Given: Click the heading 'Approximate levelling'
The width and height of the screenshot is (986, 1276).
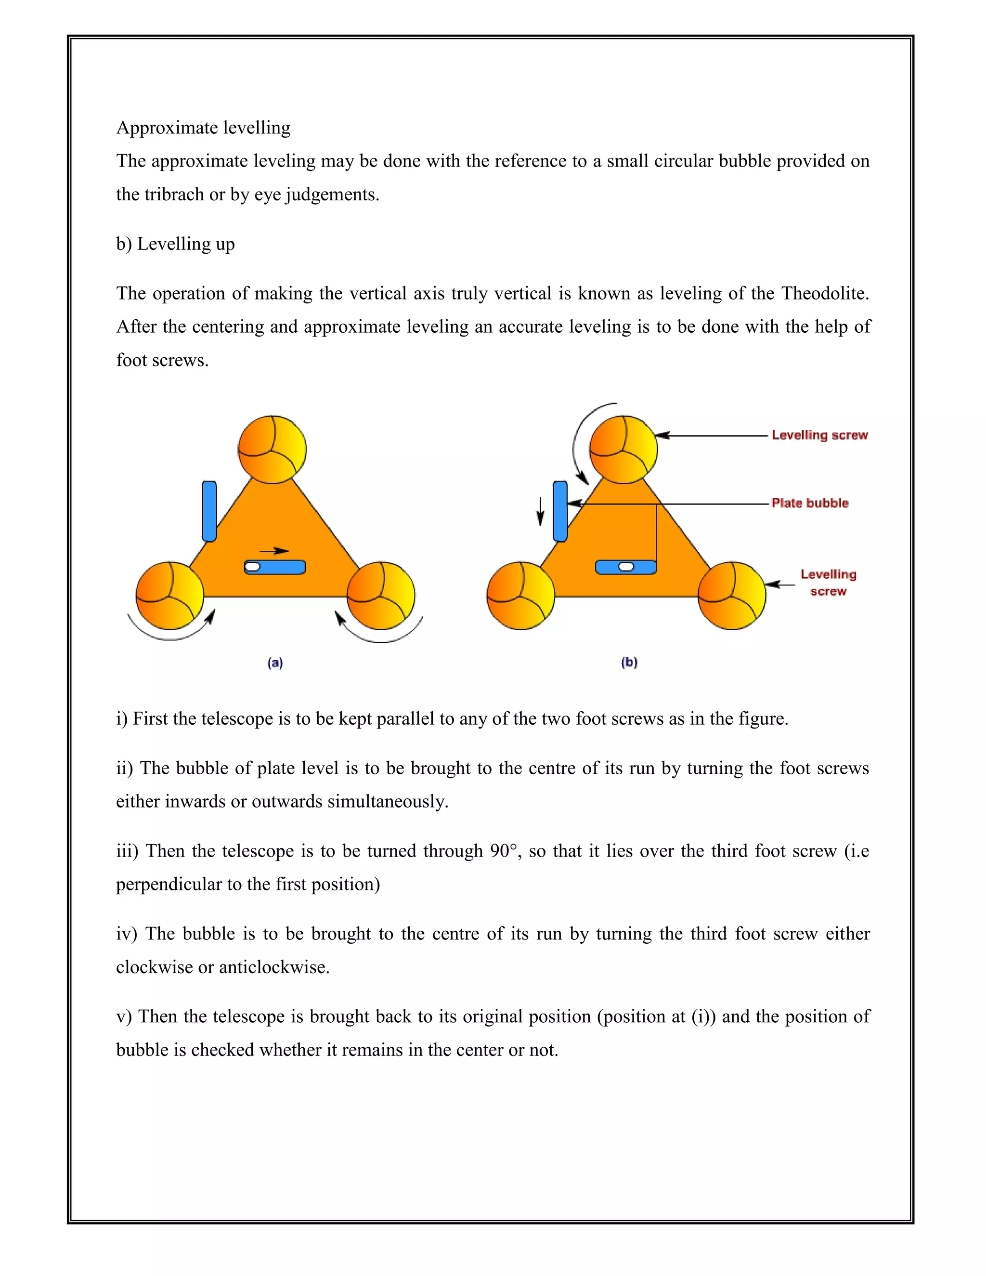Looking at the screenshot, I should coord(203,128).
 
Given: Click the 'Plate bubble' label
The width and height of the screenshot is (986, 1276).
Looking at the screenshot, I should coord(810,503).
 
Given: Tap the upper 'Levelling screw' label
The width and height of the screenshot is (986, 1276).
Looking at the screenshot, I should coord(819,435).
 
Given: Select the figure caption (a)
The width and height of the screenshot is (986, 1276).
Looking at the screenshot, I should coord(275,663).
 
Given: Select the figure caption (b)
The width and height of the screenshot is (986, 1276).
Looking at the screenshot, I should coord(629,662).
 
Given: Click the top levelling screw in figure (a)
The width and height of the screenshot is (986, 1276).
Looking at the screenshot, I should coord(272,449).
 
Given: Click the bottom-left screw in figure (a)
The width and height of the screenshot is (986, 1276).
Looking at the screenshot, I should coord(169,595).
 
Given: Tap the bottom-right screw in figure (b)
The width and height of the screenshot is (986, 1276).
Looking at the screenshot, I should coord(732,595).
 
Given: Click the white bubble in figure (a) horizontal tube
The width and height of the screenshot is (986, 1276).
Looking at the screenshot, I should coord(253,567).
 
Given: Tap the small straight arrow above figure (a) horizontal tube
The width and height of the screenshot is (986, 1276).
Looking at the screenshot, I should coord(274,551).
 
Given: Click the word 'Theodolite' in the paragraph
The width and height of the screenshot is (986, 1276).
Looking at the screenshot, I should coord(825,293).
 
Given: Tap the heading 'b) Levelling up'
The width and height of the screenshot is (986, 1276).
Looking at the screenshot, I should coord(175,244).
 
